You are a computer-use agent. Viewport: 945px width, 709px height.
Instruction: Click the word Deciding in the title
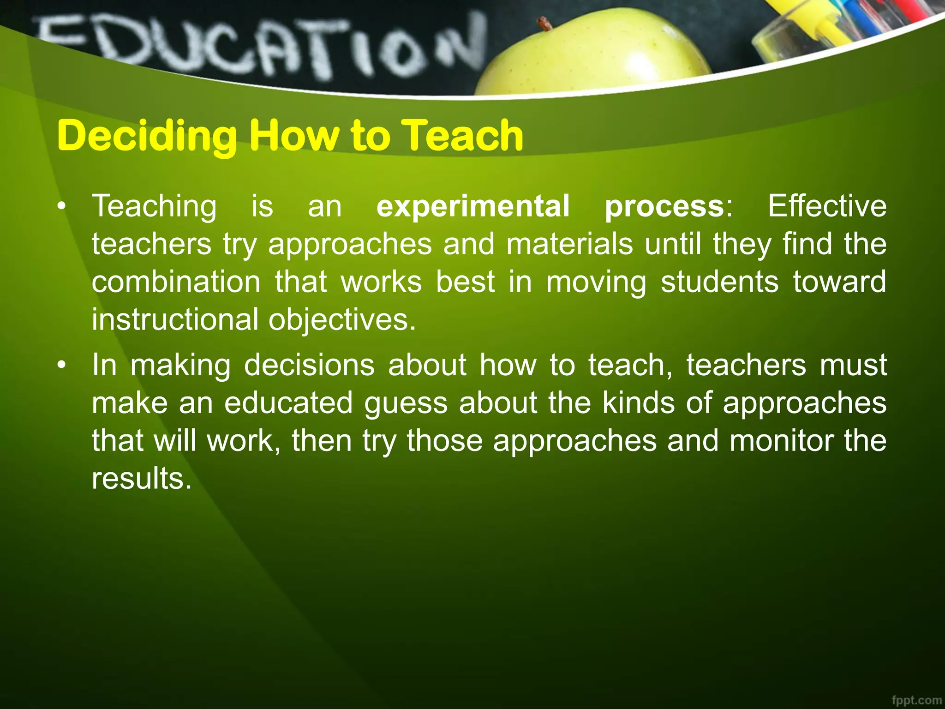pyautogui.click(x=147, y=136)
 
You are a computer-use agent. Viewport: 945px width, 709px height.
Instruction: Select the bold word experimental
pyautogui.click(x=473, y=206)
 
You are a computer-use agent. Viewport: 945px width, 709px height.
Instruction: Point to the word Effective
pyautogui.click(x=827, y=206)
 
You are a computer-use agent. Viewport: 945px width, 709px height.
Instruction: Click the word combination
pyautogui.click(x=176, y=282)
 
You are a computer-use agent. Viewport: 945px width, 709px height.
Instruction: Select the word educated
pyautogui.click(x=289, y=403)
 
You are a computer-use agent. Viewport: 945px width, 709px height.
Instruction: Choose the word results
pyautogui.click(x=141, y=478)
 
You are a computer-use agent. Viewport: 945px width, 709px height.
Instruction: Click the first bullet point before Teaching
pyautogui.click(x=62, y=207)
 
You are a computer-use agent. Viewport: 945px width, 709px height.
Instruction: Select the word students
pyautogui.click(x=720, y=282)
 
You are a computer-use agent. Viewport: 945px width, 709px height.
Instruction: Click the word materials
pyautogui.click(x=570, y=244)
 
